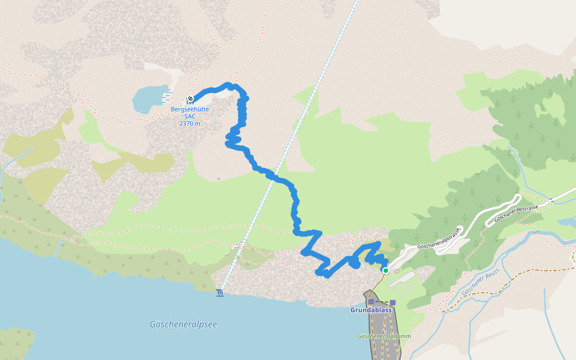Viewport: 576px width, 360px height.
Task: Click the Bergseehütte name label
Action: pos(189,110)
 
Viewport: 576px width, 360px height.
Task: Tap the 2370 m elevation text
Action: pos(189,124)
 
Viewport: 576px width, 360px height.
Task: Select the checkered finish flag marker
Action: pos(190,98)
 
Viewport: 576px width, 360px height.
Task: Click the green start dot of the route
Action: pos(386,271)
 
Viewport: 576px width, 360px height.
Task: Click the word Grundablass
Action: pos(371,310)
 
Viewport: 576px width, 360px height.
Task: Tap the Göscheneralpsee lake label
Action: pos(183,324)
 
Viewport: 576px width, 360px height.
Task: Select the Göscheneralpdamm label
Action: pos(384,337)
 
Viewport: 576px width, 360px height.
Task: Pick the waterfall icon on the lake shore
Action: pos(220,293)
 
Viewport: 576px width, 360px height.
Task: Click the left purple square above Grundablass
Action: pos(371,302)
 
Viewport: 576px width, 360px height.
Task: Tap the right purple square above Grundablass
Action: pos(392,302)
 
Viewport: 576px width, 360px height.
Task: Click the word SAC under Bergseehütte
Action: pos(190,116)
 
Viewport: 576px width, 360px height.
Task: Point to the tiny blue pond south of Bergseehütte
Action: pos(218,178)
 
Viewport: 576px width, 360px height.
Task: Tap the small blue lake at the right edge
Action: pos(566,223)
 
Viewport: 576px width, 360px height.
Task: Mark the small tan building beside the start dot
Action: pos(397,272)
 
